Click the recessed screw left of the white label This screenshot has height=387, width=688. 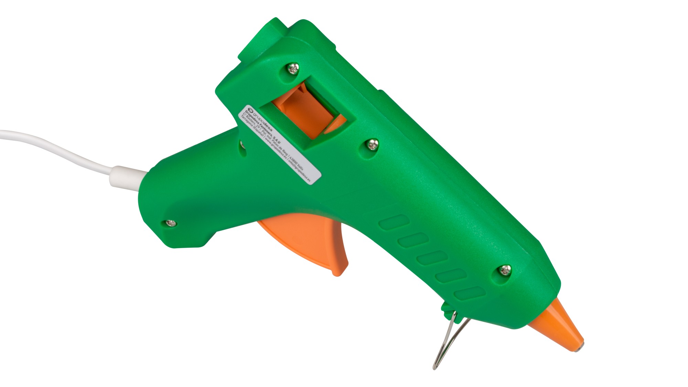pyautogui.click(x=243, y=145)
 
